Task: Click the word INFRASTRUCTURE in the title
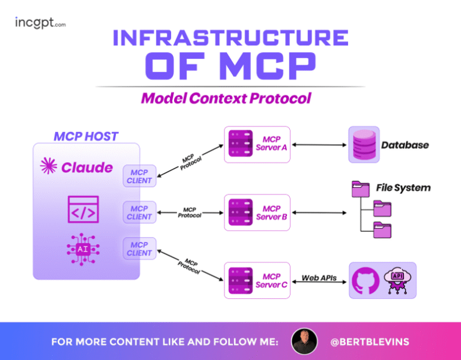click(x=230, y=37)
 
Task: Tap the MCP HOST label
click(x=86, y=136)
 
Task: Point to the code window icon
click(x=83, y=209)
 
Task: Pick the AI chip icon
click(x=83, y=248)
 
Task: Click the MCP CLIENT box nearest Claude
click(x=139, y=176)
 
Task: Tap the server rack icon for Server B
click(x=240, y=212)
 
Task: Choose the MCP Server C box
click(x=257, y=280)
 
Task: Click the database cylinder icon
click(x=364, y=145)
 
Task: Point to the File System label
click(x=403, y=188)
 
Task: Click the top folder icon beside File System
click(x=361, y=190)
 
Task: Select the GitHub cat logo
click(x=366, y=280)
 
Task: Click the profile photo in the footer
click(x=304, y=341)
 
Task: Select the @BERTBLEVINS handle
click(x=370, y=341)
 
